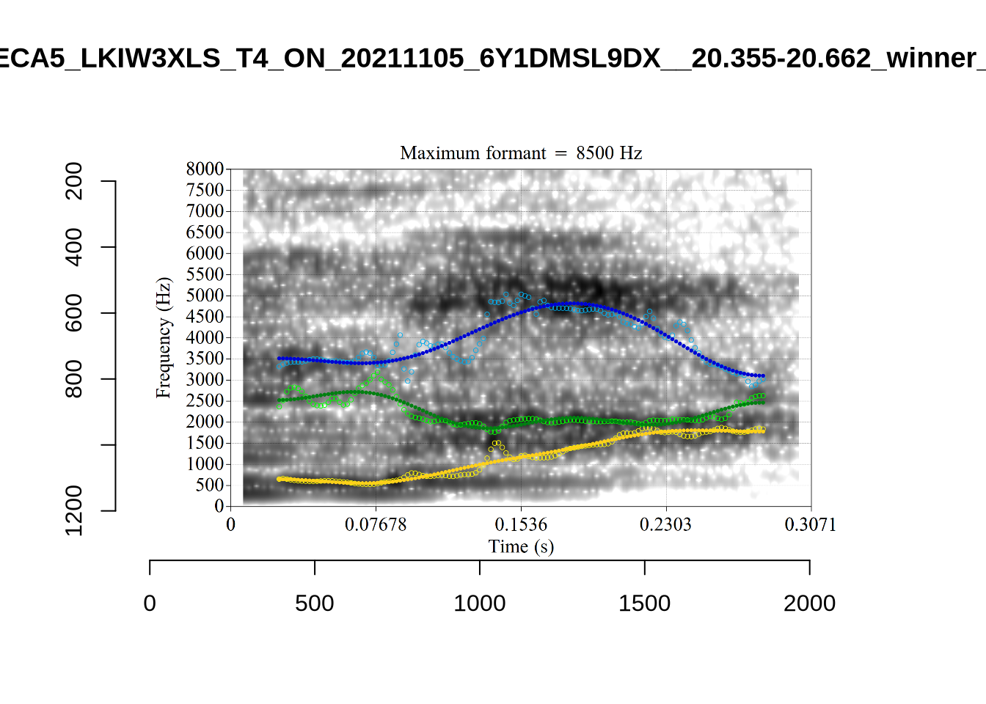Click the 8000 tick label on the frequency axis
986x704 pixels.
click(205, 169)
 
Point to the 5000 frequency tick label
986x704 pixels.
click(205, 296)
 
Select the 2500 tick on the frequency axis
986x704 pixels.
click(205, 400)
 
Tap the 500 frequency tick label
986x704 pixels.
click(209, 485)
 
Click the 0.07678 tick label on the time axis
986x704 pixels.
click(376, 524)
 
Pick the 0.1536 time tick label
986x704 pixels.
click(521, 524)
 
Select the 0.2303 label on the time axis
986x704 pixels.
click(665, 524)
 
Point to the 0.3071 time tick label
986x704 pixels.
click(810, 524)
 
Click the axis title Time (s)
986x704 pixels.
click(521, 546)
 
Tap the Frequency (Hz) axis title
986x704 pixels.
click(163, 337)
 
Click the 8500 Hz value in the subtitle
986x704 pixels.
click(609, 153)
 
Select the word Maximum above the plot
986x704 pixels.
click(434, 153)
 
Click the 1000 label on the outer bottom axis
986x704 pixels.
click(480, 604)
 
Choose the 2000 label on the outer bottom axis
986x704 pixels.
click(809, 604)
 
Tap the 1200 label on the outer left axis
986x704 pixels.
click(74, 510)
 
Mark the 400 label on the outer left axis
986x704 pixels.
click(74, 247)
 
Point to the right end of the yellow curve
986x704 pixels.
click(763, 431)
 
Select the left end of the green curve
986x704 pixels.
click(280, 400)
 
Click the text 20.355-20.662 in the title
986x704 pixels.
click(781, 58)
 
